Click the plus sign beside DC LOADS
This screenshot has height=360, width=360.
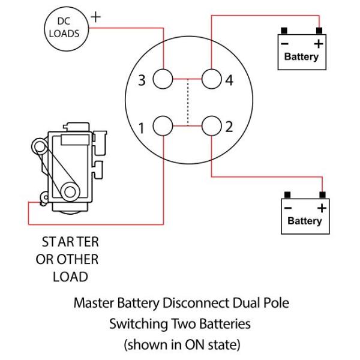click(95, 17)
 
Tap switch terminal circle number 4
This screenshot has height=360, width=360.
click(212, 80)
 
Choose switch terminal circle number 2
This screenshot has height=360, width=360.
click(212, 127)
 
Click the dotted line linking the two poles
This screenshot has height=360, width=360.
click(188, 103)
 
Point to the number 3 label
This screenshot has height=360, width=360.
click(142, 80)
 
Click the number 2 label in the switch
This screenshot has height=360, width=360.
click(229, 127)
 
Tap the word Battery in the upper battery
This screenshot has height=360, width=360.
click(301, 58)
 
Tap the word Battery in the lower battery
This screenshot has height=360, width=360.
click(305, 221)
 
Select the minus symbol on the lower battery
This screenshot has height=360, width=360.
click(288, 208)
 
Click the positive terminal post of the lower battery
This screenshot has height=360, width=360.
click(323, 194)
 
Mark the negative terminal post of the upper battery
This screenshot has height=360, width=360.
click(284, 30)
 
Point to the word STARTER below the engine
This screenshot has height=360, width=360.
click(70, 242)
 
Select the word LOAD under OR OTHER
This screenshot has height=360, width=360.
click(71, 277)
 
